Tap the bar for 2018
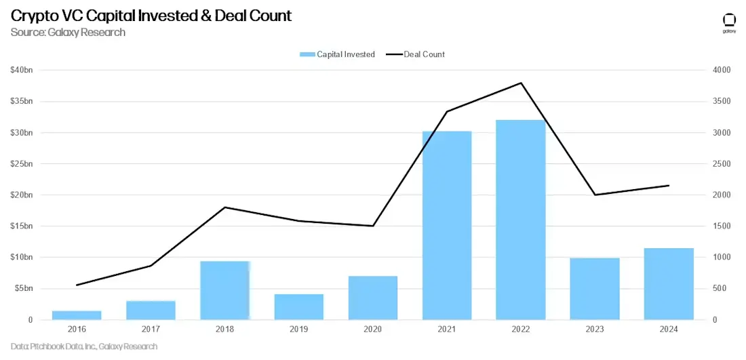(225, 290)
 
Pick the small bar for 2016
(77, 315)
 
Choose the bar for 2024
(669, 283)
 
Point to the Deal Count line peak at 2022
(521, 83)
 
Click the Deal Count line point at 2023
(595, 195)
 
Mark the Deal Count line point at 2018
(225, 207)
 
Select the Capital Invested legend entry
(337, 54)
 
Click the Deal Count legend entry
(415, 54)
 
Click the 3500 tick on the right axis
(721, 102)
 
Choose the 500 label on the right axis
(718, 289)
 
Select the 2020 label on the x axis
(373, 329)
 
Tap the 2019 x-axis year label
(299, 329)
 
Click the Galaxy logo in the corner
(729, 22)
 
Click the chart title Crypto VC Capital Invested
(151, 16)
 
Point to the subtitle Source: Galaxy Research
(68, 32)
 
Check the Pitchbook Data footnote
(84, 346)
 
